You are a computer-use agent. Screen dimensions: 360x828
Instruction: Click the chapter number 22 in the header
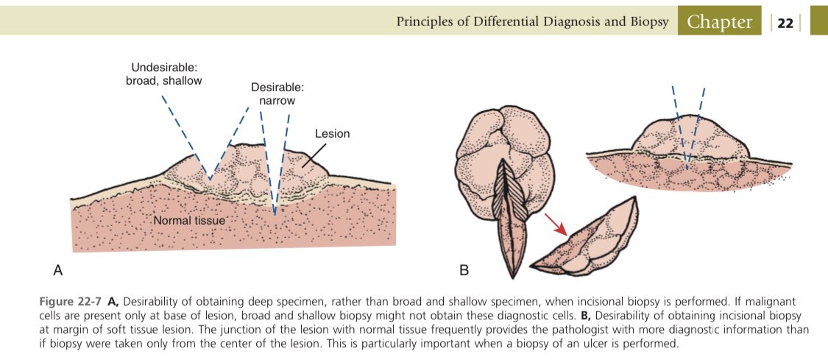pos(785,23)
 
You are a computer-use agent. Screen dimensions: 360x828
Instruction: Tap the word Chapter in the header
pos(719,22)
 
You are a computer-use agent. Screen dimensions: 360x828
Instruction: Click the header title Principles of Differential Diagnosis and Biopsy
pos(532,22)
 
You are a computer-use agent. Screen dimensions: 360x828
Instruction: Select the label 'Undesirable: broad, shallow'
pos(163,74)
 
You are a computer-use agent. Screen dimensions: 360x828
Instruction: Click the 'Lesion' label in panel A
pos(332,134)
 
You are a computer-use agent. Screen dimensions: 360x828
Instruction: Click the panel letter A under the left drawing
pos(57,270)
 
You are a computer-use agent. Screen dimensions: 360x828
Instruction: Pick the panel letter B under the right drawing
pos(464,270)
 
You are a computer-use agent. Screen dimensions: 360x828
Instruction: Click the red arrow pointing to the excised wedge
pos(556,224)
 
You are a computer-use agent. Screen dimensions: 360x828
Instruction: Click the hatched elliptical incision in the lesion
pos(507,206)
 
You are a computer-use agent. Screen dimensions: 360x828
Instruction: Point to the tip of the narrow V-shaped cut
pos(275,213)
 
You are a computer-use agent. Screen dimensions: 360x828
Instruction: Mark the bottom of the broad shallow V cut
pos(210,179)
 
